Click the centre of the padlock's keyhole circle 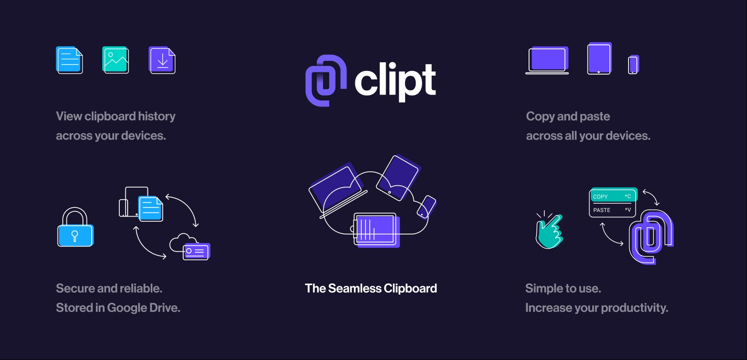tap(75, 234)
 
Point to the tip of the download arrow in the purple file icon tap(163, 65)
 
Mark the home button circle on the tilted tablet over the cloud tap(389, 192)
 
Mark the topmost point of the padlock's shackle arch tap(75, 207)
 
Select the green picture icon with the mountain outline tap(115, 60)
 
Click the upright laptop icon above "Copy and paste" tap(547, 60)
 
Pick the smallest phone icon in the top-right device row tap(633, 65)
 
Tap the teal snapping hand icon tap(549, 230)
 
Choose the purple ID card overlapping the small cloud tap(196, 252)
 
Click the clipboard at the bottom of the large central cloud tap(376, 230)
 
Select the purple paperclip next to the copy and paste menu tap(651, 236)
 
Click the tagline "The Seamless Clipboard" tap(371, 288)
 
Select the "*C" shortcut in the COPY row tap(628, 196)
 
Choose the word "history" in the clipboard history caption tap(157, 117)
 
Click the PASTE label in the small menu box tap(601, 210)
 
